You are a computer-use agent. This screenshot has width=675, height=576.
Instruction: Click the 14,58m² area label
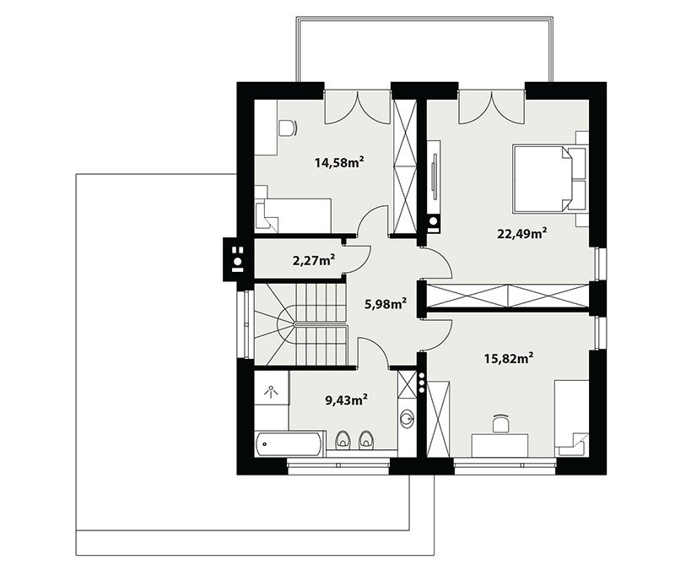340,163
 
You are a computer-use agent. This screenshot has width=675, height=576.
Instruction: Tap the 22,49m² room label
522,233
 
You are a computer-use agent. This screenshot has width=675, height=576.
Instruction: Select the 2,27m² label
314,261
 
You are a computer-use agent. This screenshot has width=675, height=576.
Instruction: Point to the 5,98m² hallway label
386,304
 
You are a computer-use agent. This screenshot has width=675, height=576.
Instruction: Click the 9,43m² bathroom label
346,400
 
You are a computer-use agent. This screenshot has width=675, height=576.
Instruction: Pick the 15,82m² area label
510,358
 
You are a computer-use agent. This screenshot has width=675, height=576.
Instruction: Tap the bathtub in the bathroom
288,443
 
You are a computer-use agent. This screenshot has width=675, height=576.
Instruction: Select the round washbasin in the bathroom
407,417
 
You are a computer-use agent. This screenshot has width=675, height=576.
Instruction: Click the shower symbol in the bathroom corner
271,391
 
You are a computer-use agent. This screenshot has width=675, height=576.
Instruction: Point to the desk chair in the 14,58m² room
288,128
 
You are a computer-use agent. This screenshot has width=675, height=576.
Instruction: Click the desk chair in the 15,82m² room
500,422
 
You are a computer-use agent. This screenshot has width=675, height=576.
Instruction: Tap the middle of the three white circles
422,382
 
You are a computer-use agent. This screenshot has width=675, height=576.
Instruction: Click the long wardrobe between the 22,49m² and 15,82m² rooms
508,296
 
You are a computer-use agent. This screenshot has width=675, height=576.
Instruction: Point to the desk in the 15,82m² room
499,445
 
